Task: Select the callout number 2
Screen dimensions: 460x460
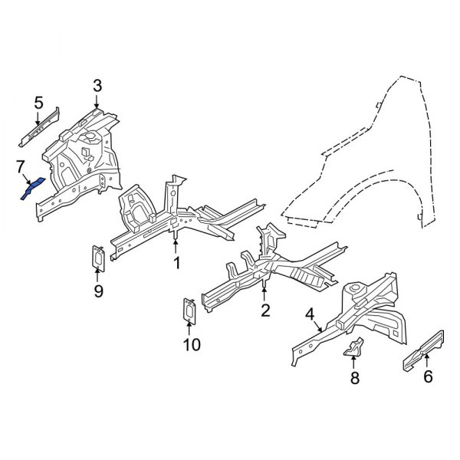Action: pos(265,310)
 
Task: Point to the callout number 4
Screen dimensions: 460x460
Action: pos(310,314)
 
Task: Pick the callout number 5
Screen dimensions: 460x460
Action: pos(38,103)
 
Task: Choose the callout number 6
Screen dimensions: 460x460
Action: pos(428,376)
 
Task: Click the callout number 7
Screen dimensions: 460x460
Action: pos(21,166)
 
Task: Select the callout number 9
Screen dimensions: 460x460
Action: pos(98,291)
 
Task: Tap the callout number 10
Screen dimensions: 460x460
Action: pos(191,345)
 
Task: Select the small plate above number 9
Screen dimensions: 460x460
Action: pos(98,258)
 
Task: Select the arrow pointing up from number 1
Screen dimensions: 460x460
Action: pos(176,247)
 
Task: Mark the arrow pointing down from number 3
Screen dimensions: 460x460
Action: pos(97,101)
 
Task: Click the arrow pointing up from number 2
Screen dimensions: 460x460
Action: pos(265,292)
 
